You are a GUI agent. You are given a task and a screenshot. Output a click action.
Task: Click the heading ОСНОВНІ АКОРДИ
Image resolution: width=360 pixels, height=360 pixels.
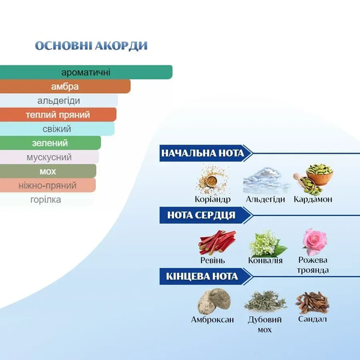point(91,46)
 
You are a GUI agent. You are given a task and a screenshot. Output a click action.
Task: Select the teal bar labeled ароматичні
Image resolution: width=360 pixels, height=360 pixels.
point(86,73)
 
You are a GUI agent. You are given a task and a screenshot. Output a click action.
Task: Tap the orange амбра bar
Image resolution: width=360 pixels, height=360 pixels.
point(65,86)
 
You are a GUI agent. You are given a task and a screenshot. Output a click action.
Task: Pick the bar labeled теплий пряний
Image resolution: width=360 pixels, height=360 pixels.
point(58,115)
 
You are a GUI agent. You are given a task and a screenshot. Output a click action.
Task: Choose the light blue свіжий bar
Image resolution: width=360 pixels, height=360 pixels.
point(57,129)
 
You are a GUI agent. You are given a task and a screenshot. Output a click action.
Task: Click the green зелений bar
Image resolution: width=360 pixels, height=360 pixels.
point(50,143)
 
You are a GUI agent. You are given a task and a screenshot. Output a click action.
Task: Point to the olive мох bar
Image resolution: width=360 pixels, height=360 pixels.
point(48,171)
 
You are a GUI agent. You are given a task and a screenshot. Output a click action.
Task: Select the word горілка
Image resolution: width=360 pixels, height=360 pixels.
point(46,200)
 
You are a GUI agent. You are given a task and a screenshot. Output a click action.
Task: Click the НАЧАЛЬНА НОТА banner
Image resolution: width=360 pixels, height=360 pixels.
point(206,153)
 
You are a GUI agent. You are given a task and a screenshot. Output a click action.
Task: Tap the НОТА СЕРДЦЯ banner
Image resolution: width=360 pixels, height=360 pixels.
point(206,215)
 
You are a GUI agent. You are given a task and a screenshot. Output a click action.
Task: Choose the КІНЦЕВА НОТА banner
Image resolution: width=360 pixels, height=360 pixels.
point(206,277)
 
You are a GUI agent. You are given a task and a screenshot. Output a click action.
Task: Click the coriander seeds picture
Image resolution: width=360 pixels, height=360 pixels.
point(212,180)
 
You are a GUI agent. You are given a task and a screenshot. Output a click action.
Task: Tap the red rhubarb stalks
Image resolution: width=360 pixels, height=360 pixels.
point(217,242)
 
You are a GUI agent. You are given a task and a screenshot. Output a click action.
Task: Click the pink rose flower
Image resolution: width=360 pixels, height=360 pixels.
point(314,242)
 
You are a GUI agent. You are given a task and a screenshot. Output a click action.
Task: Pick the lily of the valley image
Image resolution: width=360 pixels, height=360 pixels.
point(268,244)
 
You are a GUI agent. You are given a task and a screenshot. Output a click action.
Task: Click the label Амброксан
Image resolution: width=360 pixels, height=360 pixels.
point(212,319)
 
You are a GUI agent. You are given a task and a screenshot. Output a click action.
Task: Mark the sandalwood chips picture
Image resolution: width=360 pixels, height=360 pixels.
point(313,302)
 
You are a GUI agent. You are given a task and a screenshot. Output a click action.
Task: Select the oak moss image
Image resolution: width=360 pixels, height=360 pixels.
point(265,302)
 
